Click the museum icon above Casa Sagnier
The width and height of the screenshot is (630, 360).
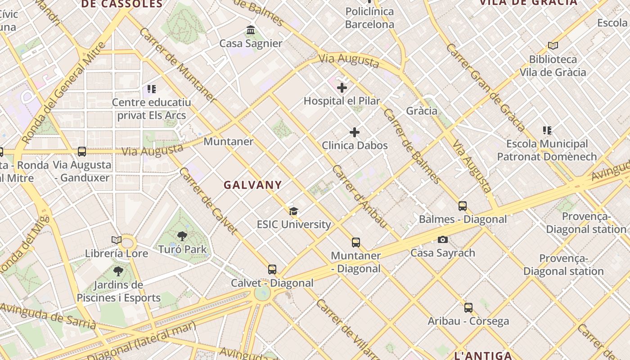click(251, 30)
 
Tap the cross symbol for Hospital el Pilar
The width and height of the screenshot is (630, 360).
click(342, 88)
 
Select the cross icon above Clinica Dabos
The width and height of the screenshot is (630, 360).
click(355, 132)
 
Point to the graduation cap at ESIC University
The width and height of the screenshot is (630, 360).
click(294, 211)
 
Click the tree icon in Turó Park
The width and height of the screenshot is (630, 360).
click(182, 236)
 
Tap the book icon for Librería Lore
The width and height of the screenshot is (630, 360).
click(117, 240)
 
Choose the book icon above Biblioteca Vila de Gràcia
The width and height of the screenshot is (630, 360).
click(553, 46)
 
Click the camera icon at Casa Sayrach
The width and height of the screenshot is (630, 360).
click(443, 239)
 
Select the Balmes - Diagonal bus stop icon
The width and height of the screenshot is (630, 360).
click(463, 206)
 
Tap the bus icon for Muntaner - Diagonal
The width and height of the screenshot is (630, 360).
click(356, 243)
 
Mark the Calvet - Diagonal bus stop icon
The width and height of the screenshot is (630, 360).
click(272, 270)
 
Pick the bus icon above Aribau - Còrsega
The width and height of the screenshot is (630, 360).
click(468, 308)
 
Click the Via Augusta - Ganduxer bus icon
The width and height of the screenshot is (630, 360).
click(82, 152)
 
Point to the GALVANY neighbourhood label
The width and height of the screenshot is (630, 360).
click(253, 184)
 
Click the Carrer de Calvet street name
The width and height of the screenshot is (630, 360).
click(208, 201)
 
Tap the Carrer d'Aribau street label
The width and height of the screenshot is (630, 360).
click(360, 196)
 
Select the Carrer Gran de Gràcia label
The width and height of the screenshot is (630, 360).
click(486, 87)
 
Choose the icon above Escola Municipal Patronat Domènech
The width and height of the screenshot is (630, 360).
click(547, 130)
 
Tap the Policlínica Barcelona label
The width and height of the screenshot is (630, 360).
click(369, 18)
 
